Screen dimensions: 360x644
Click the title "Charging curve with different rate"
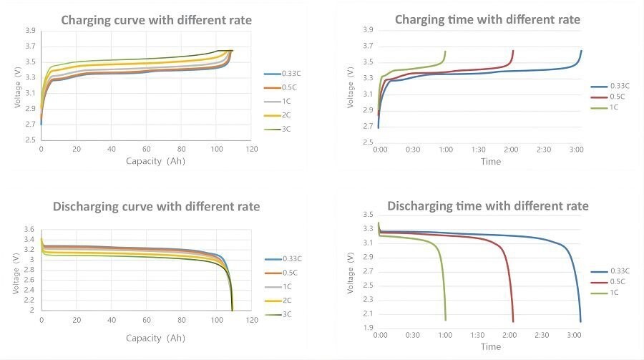156,20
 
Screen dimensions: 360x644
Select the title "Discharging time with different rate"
488,206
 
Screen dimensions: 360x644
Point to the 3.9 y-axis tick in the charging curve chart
30,31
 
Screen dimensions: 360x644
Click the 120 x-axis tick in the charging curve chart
251,150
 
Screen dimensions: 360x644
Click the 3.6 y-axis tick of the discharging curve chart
29,229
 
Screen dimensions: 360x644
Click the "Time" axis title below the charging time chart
491,162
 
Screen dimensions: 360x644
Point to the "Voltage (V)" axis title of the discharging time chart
351,272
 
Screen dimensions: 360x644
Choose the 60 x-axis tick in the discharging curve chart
146,320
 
